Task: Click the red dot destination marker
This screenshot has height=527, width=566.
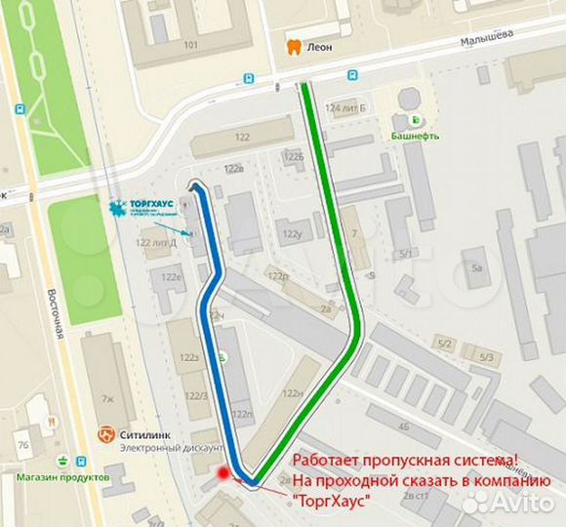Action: coord(224,473)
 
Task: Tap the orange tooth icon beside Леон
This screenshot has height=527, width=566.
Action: coord(290,46)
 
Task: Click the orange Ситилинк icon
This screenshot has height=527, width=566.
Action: coord(107,433)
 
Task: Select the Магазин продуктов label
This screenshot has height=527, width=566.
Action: coord(61,477)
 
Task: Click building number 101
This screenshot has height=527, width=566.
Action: coord(190,45)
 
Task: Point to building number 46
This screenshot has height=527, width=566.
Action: coord(403,426)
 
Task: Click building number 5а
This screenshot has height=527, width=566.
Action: coord(477,267)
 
